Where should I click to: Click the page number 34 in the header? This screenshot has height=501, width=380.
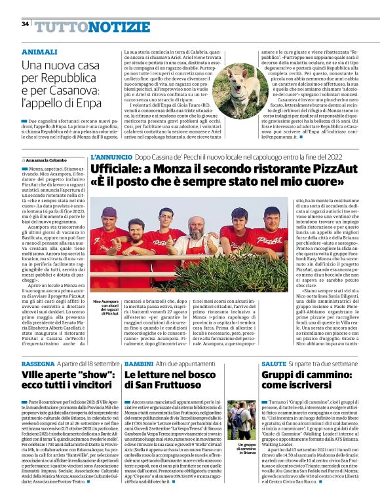click(25, 24)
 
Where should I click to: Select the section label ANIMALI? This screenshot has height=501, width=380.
click(39, 51)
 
